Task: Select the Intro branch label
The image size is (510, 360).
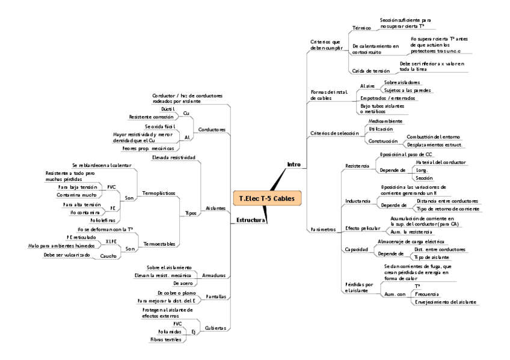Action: [x=293, y=164]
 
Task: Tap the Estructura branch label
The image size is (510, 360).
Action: [x=251, y=221]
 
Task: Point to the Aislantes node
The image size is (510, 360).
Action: [x=215, y=207]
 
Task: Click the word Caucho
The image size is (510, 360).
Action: [x=108, y=255]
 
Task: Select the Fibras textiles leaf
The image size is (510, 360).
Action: [x=165, y=340]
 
